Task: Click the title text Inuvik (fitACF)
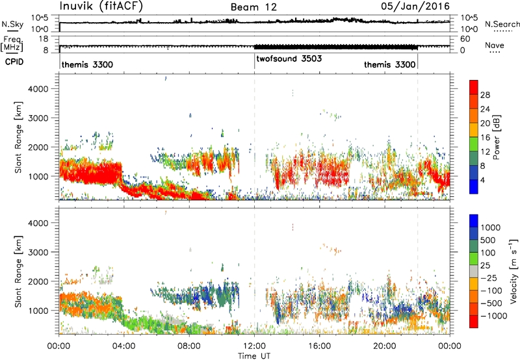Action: (x=101, y=6)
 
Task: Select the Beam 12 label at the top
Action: (x=253, y=7)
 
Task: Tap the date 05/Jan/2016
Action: (x=415, y=6)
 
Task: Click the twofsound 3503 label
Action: (x=289, y=58)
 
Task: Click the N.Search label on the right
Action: (x=502, y=24)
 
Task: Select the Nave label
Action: (x=495, y=45)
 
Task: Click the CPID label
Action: (x=14, y=62)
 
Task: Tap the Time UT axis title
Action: (x=254, y=355)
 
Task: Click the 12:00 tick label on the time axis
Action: (x=254, y=346)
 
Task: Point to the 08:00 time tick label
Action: (x=189, y=346)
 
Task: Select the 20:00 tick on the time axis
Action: (x=385, y=346)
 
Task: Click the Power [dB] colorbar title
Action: (x=496, y=137)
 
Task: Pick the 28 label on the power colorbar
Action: (x=485, y=95)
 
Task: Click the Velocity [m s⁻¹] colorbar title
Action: (x=513, y=271)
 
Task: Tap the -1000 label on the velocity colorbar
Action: (x=494, y=316)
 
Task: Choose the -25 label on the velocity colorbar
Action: (x=489, y=278)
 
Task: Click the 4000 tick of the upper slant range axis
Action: (x=38, y=89)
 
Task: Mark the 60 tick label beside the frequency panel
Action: (x=465, y=39)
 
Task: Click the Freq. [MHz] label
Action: (x=12, y=44)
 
